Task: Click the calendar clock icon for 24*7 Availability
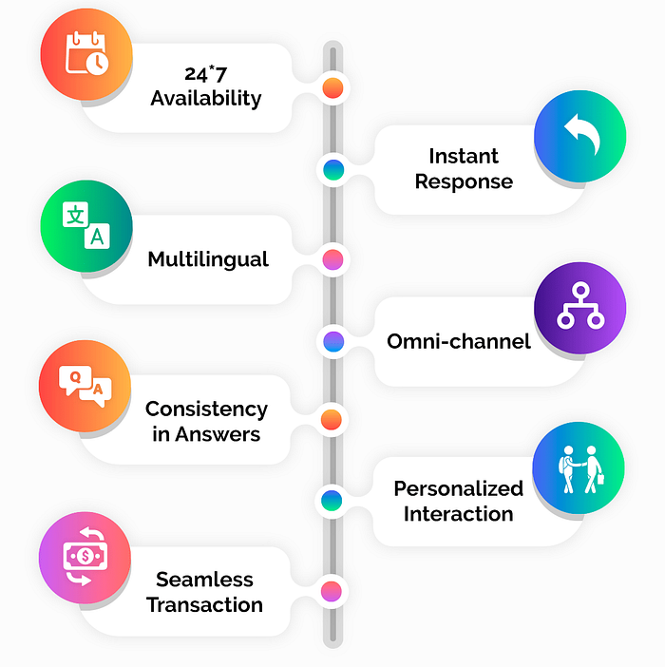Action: (85, 54)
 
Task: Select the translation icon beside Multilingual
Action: (85, 225)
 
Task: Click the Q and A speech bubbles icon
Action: (85, 387)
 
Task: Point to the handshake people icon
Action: (579, 470)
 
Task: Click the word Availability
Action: (206, 97)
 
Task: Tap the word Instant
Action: (464, 156)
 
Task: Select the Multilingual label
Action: (208, 258)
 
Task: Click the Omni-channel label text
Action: (459, 341)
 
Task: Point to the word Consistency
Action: (206, 410)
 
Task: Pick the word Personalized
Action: (459, 488)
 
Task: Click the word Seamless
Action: (205, 580)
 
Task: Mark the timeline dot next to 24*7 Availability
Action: (332, 89)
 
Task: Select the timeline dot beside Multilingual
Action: (332, 259)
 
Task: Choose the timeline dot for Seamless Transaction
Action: (331, 591)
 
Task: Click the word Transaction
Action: (205, 604)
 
